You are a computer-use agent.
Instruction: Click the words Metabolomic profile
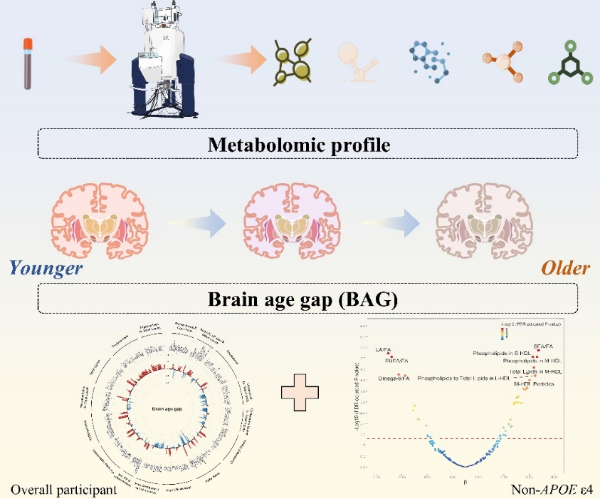[x=300, y=145]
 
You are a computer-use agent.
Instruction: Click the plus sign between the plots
[x=300, y=392]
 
